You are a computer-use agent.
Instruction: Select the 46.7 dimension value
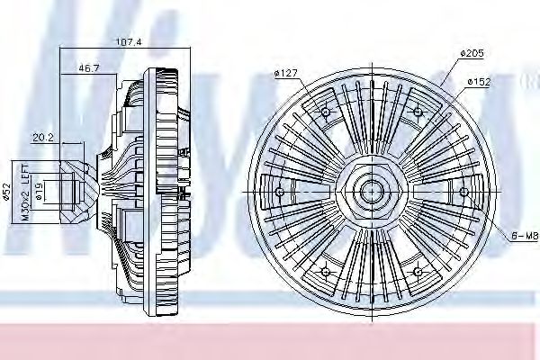tap(89, 68)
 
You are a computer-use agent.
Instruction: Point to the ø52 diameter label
tap(6, 192)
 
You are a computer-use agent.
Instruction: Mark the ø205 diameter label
tap(472, 54)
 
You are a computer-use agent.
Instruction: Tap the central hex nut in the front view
tap(370, 191)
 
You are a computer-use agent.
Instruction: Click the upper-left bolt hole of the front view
tap(325, 112)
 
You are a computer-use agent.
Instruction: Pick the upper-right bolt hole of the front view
tap(417, 112)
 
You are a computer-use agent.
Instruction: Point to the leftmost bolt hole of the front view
tap(279, 191)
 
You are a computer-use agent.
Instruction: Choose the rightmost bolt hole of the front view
tap(462, 191)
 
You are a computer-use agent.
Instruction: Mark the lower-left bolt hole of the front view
tap(325, 270)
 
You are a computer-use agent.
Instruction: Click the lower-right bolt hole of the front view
tap(417, 270)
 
